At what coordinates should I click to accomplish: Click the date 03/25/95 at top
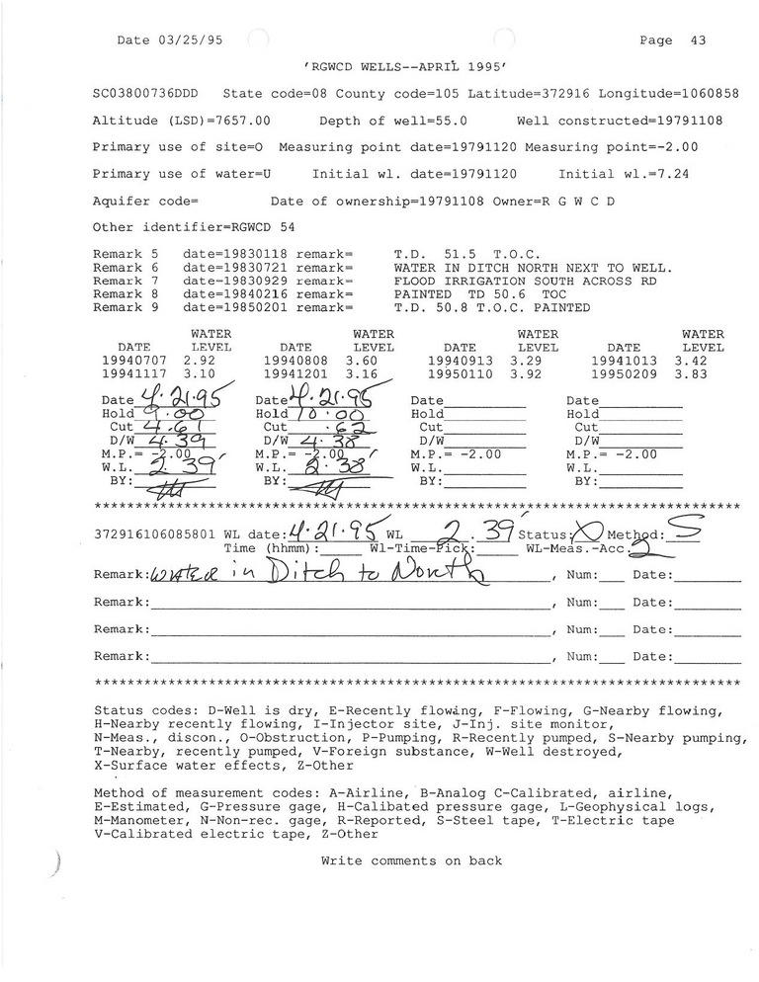[188, 41]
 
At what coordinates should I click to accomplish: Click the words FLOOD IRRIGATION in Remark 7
[454, 281]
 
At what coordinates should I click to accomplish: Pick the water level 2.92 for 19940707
[203, 362]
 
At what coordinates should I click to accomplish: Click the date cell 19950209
[624, 375]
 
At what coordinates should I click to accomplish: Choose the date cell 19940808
[295, 362]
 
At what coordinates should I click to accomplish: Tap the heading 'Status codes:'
[142, 710]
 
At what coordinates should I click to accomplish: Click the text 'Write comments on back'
[411, 860]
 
